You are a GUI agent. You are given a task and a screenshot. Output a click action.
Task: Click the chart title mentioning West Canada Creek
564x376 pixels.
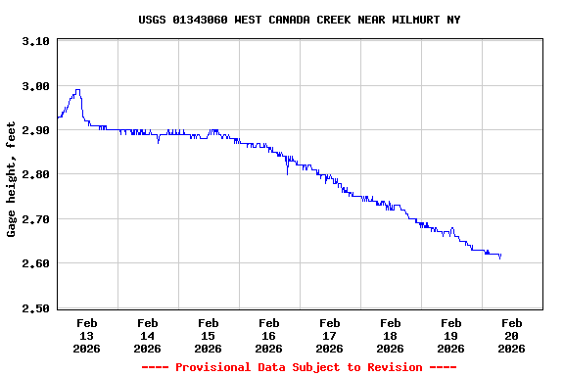[x=299, y=20]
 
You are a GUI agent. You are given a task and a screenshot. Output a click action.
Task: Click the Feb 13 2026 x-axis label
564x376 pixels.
[x=86, y=335]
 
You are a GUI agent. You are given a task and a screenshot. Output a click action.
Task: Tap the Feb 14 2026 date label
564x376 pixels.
[x=147, y=335]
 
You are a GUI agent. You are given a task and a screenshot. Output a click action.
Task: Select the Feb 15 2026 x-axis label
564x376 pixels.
[x=208, y=335]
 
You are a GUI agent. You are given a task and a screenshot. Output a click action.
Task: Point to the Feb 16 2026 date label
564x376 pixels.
[x=268, y=335]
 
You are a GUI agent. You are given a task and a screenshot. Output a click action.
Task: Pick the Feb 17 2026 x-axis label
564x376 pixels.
[x=329, y=335]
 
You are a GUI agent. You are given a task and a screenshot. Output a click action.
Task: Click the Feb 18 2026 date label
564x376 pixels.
[x=390, y=335]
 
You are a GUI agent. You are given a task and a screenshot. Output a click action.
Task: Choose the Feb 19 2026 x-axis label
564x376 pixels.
[x=450, y=335]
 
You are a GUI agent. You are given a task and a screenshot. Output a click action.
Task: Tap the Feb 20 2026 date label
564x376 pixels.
[x=511, y=335]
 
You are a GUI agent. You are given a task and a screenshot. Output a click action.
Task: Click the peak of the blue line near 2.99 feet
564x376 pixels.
[x=77, y=90]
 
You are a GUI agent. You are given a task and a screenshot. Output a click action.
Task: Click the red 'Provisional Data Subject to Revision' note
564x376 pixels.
[x=299, y=367]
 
